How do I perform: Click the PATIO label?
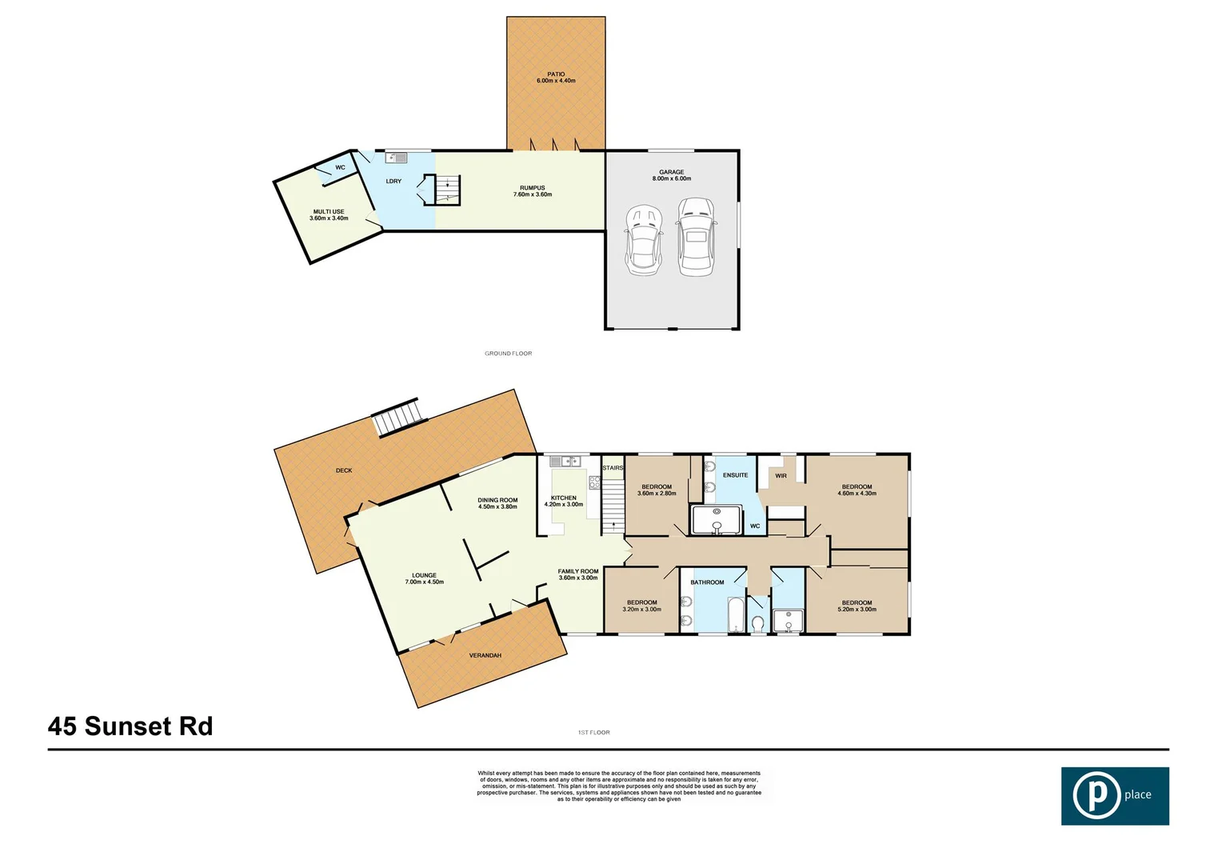click(x=556, y=78)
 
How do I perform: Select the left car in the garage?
click(x=644, y=240)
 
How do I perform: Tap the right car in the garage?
click(x=695, y=237)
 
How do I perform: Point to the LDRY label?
click(x=393, y=182)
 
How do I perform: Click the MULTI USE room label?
click(x=329, y=215)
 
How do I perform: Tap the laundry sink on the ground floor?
click(x=396, y=158)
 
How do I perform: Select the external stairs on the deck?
click(x=398, y=418)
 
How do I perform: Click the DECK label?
click(x=344, y=470)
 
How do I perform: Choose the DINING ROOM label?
click(x=497, y=503)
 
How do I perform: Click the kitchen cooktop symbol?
click(x=594, y=482)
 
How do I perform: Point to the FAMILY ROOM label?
click(x=578, y=574)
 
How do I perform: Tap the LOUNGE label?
click(x=424, y=578)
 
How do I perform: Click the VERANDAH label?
click(x=485, y=656)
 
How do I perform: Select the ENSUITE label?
click(x=735, y=475)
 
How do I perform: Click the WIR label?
click(x=781, y=476)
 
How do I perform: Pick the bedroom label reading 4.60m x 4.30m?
click(x=857, y=490)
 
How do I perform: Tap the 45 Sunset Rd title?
click(x=130, y=726)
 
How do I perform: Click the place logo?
click(x=1114, y=795)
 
